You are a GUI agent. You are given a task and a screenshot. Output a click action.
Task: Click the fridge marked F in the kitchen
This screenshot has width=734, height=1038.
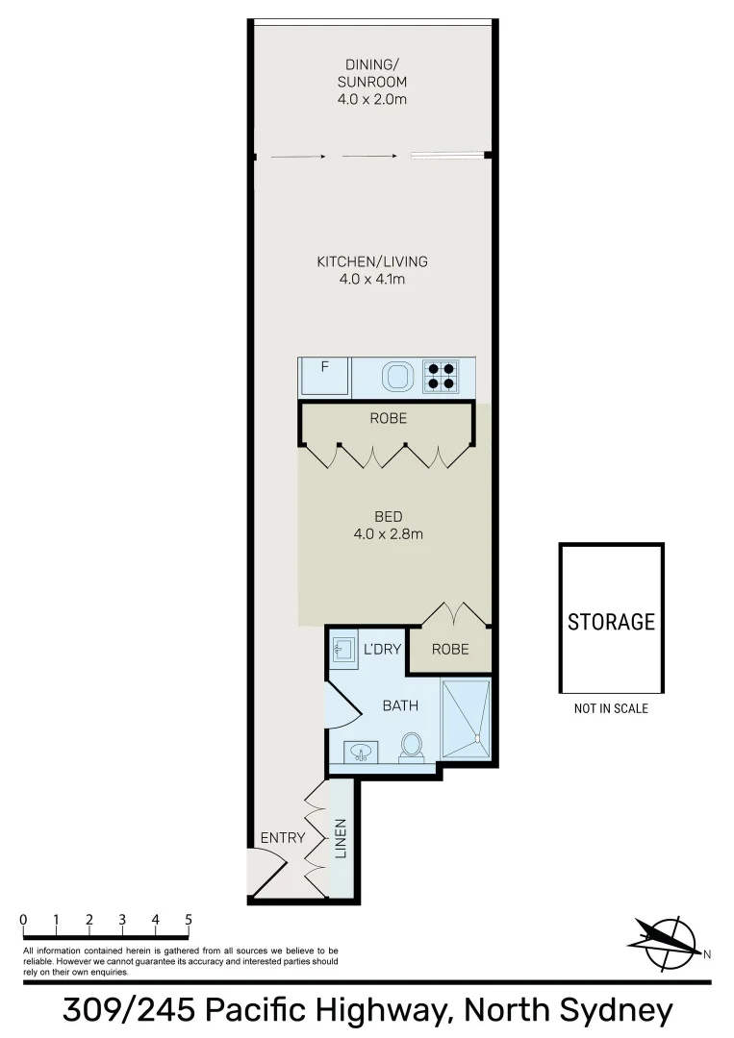pyautogui.click(x=325, y=375)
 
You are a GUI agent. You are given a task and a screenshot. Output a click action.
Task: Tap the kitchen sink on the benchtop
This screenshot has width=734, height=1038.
pyautogui.click(x=397, y=376)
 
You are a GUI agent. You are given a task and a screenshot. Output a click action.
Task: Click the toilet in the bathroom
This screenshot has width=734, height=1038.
pyautogui.click(x=412, y=746)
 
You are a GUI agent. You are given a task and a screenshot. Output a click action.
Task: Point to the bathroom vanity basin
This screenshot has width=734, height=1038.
pyautogui.click(x=363, y=752)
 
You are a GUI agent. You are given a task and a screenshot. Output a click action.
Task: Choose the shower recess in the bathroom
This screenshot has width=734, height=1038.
pyautogui.click(x=466, y=710)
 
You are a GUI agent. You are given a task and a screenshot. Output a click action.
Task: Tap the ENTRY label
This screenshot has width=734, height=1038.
pyautogui.click(x=283, y=837)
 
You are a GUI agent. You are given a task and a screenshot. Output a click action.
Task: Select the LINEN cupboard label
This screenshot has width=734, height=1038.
pyautogui.click(x=340, y=838)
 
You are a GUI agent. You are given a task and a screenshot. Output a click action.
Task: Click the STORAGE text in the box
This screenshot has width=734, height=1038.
pyautogui.click(x=611, y=622)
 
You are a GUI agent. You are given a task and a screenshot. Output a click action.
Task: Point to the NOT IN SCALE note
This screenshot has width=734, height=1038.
pyautogui.click(x=611, y=708)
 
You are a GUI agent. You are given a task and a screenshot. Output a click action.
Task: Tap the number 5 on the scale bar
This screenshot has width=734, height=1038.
pyautogui.click(x=189, y=919)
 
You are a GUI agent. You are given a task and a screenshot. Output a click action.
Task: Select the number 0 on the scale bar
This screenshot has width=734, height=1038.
pyautogui.click(x=23, y=919)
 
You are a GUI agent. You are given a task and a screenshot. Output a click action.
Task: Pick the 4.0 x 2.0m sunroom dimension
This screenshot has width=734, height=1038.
pyautogui.click(x=372, y=99)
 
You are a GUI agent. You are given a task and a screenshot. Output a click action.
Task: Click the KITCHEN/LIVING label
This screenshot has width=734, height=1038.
pyautogui.click(x=372, y=261)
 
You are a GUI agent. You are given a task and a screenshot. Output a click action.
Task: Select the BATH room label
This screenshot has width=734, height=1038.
pyautogui.click(x=400, y=705)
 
